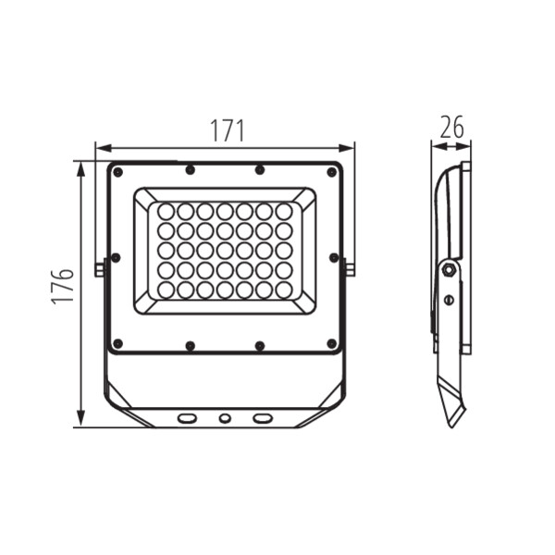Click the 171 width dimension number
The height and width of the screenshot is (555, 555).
click(x=228, y=130)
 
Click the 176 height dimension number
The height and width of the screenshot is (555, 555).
click(x=62, y=287)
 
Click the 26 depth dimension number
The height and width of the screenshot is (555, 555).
click(x=451, y=127)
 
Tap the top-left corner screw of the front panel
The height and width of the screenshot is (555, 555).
click(x=117, y=172)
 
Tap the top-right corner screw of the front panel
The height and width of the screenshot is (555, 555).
click(x=332, y=172)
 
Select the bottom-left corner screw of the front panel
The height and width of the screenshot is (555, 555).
click(x=117, y=343)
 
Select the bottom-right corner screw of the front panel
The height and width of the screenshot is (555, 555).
click(x=332, y=343)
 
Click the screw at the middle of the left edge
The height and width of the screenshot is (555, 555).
click(x=116, y=258)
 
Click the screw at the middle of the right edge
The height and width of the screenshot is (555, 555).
click(x=334, y=258)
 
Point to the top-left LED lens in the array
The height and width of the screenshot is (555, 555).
click(x=166, y=212)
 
